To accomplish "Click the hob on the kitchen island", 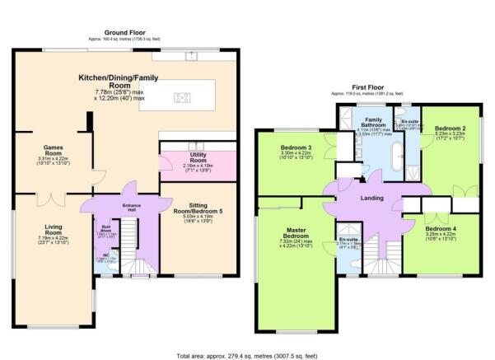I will (x=180, y=99).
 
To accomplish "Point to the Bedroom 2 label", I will (x=451, y=129).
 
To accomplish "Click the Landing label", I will (x=372, y=199).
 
